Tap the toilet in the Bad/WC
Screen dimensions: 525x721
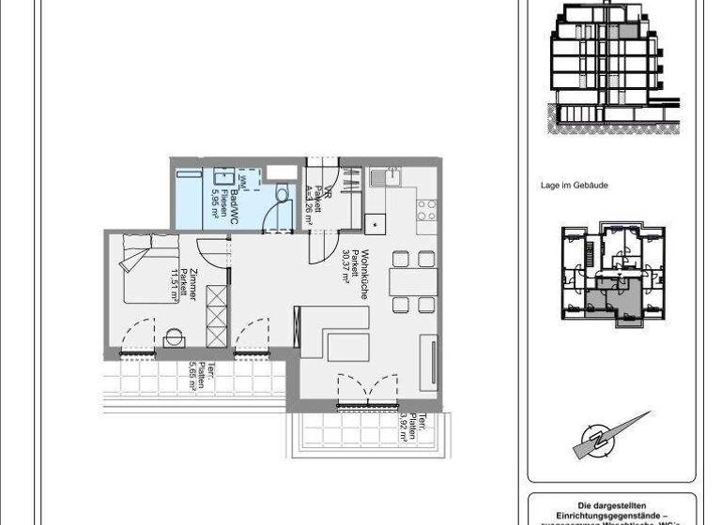point(282,193)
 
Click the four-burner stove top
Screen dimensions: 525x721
point(426,210)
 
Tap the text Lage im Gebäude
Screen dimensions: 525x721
point(574,186)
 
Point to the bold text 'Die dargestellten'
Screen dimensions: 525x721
point(613,504)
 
